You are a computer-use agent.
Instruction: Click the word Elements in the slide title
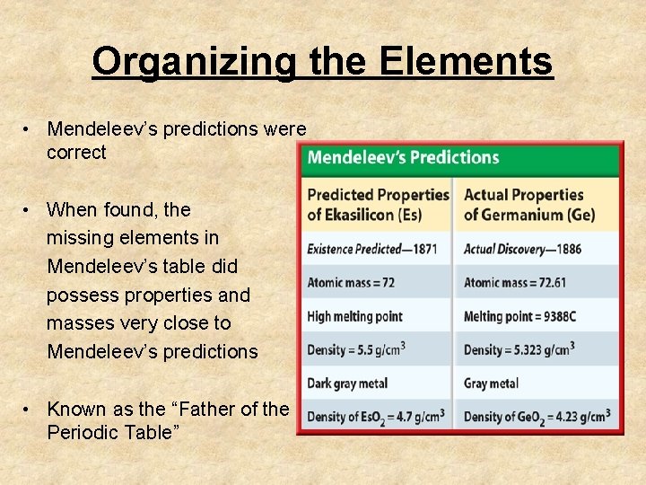coord(466,62)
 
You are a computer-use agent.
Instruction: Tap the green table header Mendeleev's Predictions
coord(403,158)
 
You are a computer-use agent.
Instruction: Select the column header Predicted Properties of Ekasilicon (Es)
coord(378,204)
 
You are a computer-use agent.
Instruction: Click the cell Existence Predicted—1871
coord(372,249)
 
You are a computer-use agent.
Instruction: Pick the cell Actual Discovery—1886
coord(522,249)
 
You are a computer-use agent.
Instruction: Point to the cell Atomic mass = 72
coord(351,282)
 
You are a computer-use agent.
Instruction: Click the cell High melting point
coord(355,316)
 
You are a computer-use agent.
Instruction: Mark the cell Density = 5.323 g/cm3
coord(519,349)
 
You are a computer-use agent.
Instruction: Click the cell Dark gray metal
coord(348,384)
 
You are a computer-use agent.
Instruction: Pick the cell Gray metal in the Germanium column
coord(492,384)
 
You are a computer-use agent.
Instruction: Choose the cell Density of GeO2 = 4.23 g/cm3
coord(537,417)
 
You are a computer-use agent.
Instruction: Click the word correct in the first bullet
coord(76,153)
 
